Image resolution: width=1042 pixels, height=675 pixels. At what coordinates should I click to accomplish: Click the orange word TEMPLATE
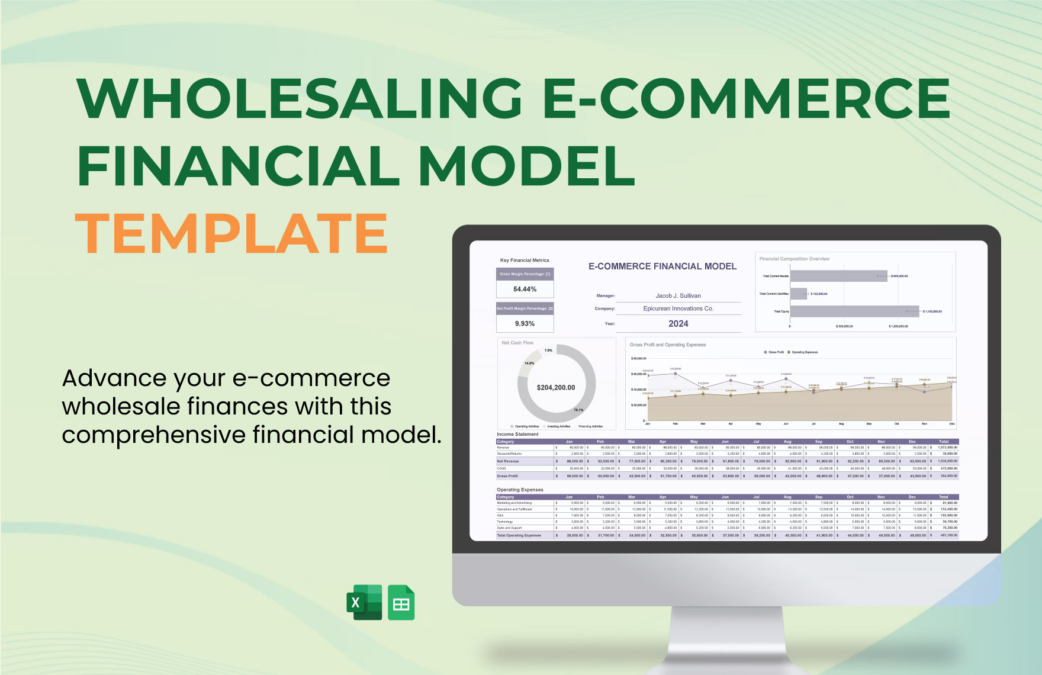coord(231,234)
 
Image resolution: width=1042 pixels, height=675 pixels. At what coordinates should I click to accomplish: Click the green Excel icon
coord(364,603)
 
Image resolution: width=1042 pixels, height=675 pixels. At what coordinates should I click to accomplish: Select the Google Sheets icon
coord(401,603)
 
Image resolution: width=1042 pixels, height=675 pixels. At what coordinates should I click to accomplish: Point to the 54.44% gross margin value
coord(525,289)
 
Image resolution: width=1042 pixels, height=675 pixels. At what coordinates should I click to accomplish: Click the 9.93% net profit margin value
coord(525,323)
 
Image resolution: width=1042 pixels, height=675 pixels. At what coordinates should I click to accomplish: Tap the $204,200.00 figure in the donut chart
coord(555,387)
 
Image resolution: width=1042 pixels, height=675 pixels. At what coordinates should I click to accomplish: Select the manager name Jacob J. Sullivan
coord(678,295)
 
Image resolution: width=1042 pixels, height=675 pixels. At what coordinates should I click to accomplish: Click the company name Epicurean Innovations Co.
coord(678,308)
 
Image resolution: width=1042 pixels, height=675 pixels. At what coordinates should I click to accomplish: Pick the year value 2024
coord(678,323)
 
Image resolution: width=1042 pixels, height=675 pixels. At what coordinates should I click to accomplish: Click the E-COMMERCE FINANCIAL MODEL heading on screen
coord(662,266)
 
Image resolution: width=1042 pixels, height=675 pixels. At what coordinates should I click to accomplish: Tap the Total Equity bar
coord(854,311)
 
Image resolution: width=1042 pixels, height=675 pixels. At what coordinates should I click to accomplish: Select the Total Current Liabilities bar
coord(799,294)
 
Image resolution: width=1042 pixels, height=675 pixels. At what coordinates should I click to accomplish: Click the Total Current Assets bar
coord(838,276)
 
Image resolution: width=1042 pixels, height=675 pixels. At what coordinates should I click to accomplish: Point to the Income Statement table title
coord(517,434)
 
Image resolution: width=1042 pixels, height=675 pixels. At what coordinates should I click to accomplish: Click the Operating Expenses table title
coord(520,490)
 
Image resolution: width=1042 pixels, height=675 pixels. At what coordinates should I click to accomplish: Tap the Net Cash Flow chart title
coord(517,343)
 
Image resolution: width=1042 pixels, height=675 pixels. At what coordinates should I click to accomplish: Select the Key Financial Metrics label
coord(525,260)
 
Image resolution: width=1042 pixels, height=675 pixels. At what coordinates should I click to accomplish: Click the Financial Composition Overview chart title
coord(794,259)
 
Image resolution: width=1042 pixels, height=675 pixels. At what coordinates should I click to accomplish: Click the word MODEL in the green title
coord(527,166)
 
